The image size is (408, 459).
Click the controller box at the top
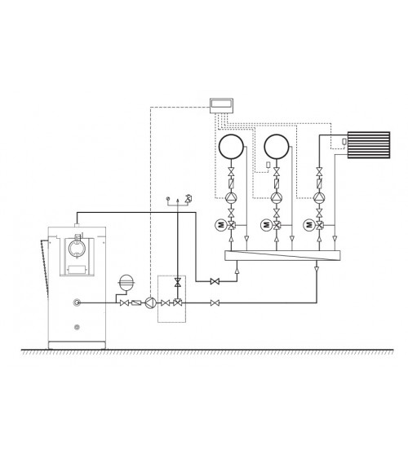click(x=221, y=106)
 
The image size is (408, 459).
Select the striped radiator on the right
click(x=369, y=145)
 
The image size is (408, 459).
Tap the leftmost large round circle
click(x=231, y=147)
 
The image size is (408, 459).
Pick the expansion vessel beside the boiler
click(x=126, y=282)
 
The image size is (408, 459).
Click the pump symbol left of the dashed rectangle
click(x=150, y=303)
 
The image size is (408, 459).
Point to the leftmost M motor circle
click(x=221, y=225)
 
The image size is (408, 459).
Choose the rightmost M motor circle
click(x=309, y=225)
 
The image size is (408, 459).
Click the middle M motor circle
click(x=266, y=225)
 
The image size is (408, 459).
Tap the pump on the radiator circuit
click(x=319, y=198)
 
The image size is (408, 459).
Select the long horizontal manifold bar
click(x=282, y=255)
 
